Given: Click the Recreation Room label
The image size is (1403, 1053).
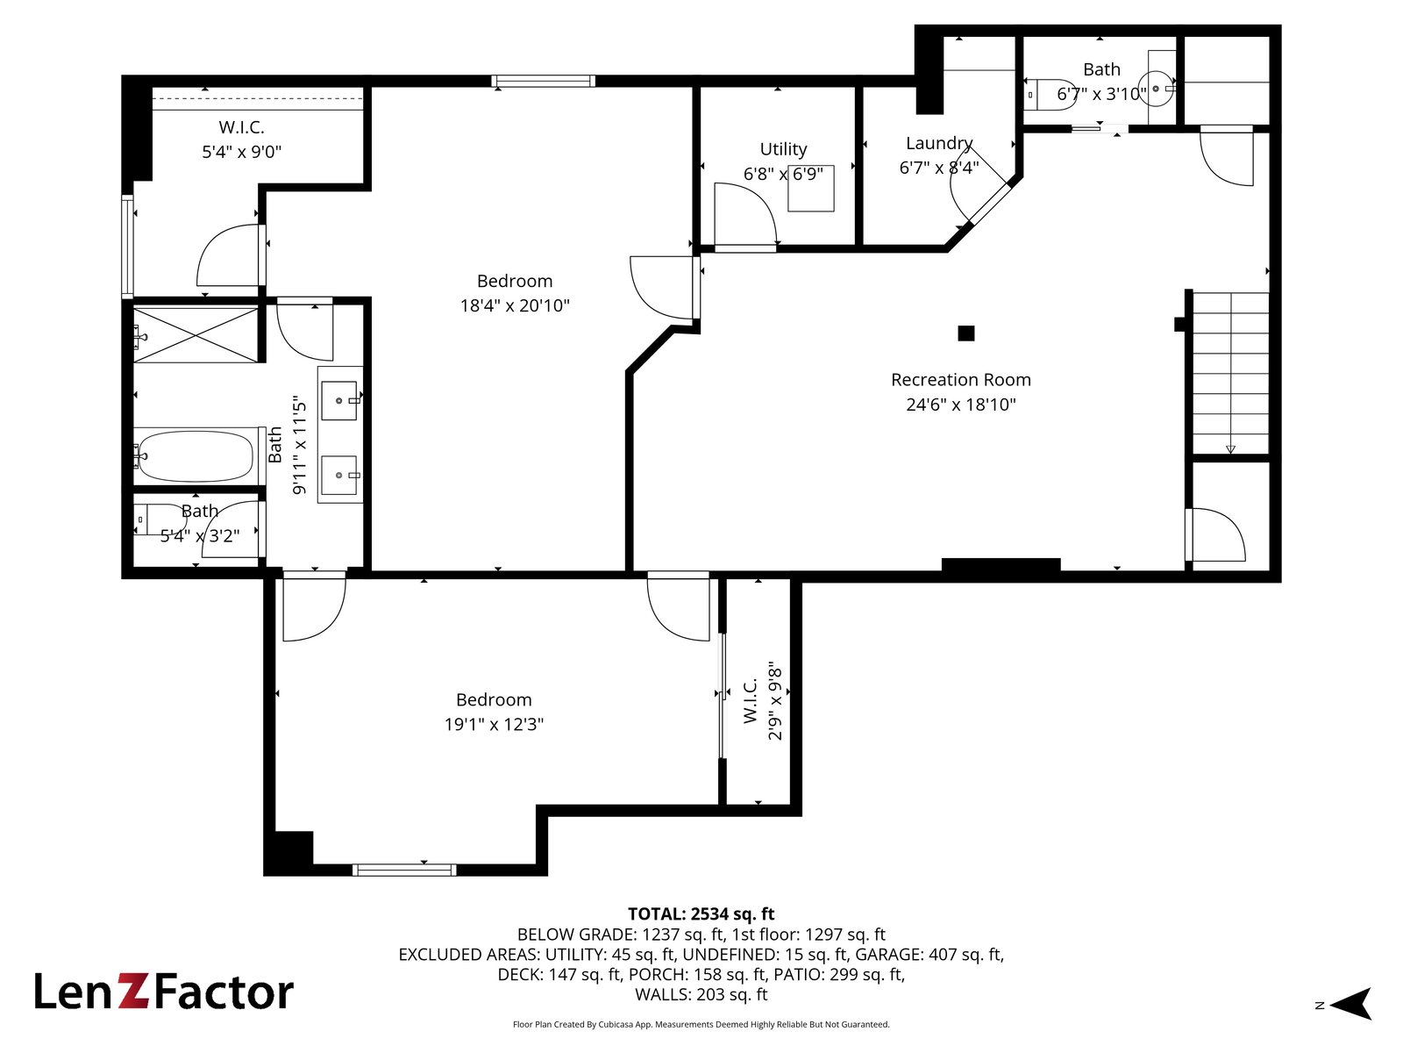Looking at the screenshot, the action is point(961,380).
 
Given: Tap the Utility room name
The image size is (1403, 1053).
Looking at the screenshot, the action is point(783,149).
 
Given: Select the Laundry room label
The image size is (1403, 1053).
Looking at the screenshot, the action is point(939,143).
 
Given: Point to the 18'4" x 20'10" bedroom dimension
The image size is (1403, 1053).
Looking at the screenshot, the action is point(515,305).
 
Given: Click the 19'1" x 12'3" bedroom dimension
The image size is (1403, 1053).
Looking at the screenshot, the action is point(494,725).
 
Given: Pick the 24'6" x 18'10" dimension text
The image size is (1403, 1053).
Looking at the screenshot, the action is point(961,405).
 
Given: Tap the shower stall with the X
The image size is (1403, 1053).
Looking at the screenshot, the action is point(196,335).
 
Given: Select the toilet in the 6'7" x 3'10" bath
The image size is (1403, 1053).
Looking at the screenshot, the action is point(1050,95).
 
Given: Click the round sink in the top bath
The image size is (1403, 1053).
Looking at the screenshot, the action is point(1157,89).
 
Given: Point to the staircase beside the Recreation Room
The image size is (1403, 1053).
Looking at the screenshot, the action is point(1230,374).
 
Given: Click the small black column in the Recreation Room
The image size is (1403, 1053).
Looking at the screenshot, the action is point(965,333).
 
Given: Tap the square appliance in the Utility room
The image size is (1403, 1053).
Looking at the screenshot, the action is point(810,188).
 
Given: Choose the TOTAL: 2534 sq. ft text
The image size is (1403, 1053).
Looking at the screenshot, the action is point(701,913).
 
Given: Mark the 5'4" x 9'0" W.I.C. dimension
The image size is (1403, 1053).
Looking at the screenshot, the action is point(242,152).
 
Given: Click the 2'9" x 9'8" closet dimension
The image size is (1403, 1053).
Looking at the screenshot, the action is point(774,701).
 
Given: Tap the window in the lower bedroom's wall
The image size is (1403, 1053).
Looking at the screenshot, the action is point(404,870).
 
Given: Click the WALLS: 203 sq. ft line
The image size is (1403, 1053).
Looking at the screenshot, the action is point(701,995).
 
